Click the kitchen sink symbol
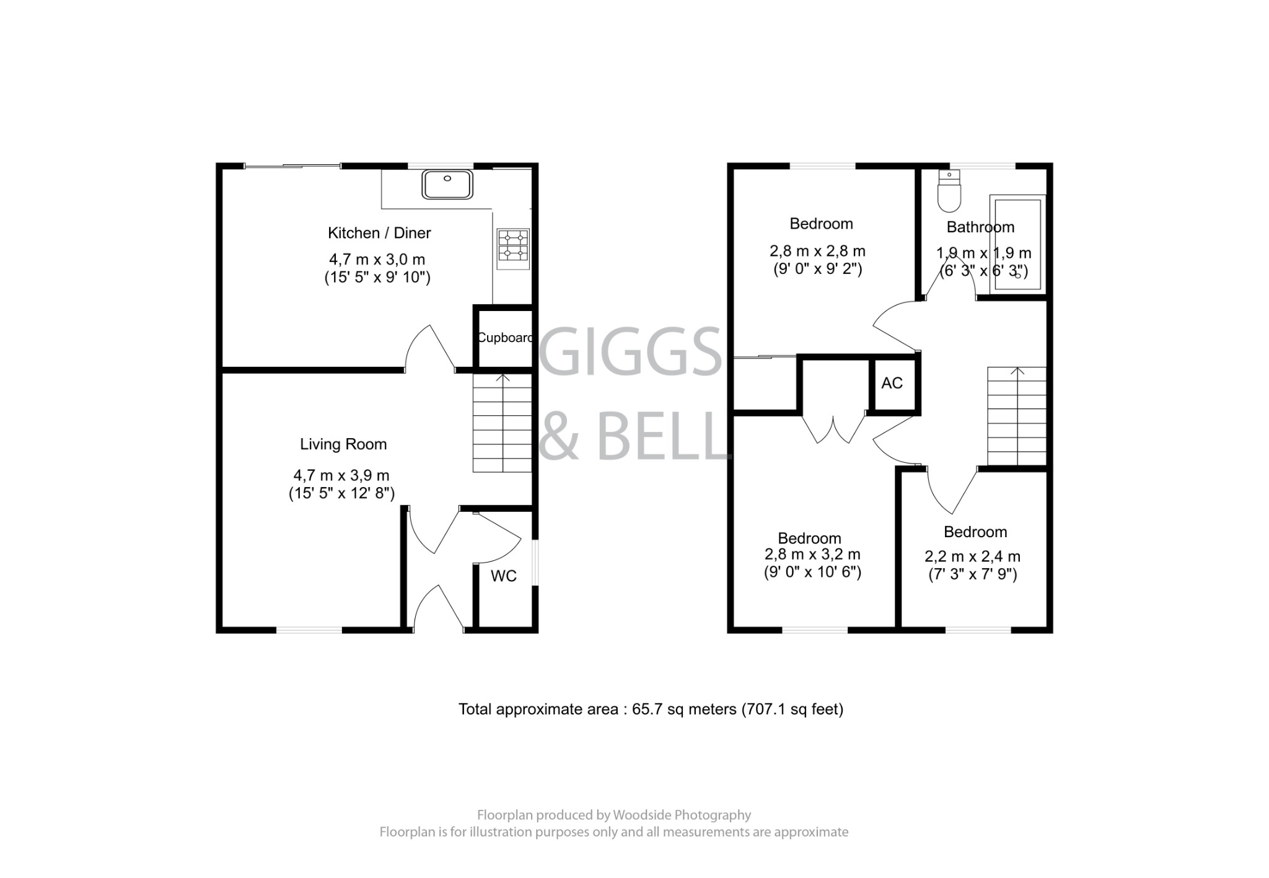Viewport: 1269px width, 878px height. tap(447, 185)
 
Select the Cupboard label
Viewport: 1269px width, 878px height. tap(505, 338)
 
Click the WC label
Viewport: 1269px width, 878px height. tap(503, 576)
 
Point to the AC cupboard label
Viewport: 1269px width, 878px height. tap(892, 384)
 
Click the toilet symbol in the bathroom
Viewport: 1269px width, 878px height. tap(949, 192)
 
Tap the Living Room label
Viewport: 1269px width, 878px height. tap(343, 444)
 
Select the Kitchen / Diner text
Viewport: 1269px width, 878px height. tap(379, 233)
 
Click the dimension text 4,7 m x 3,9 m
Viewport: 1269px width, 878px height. tap(341, 476)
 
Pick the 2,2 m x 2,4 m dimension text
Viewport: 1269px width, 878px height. tap(972, 557)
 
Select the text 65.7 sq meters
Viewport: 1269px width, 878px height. tap(684, 709)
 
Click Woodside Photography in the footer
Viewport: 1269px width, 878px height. tap(682, 815)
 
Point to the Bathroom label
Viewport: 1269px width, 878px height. tap(980, 227)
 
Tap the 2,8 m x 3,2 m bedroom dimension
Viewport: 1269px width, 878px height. tap(812, 555)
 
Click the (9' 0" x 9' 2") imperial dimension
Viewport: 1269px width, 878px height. tap(817, 269)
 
